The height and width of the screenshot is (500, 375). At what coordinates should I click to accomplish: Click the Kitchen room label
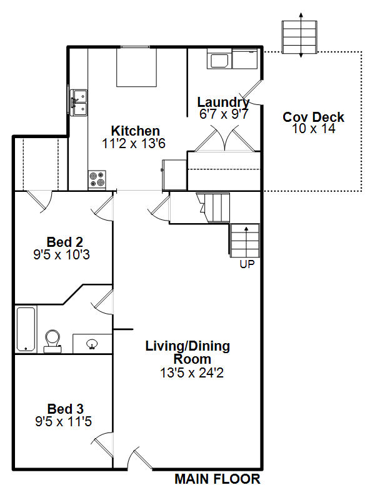tap(135, 131)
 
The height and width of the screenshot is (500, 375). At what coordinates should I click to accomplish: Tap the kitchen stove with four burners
tap(97, 179)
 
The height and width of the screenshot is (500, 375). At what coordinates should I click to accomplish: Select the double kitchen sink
tap(79, 102)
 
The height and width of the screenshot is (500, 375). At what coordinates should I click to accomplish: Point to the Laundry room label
tap(223, 102)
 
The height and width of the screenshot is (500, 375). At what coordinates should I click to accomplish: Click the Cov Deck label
tap(313, 117)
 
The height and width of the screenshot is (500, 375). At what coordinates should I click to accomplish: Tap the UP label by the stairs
tap(247, 264)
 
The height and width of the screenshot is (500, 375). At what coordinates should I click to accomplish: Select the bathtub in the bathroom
tap(26, 329)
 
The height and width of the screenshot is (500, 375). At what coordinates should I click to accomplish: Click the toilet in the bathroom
tap(52, 341)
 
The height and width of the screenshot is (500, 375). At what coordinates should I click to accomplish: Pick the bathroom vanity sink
tap(92, 344)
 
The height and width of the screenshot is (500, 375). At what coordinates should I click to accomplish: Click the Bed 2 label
tap(65, 242)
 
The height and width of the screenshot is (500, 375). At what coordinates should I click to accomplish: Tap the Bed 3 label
tap(66, 409)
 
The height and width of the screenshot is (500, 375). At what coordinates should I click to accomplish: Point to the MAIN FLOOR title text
tap(217, 479)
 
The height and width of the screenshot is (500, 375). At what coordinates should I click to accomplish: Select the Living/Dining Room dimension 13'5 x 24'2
tap(192, 372)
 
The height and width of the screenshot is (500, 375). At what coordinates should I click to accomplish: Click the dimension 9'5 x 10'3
tap(61, 254)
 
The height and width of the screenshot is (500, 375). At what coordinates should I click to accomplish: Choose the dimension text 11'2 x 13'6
tap(134, 144)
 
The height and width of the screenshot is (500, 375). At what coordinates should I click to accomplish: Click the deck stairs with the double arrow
tap(299, 37)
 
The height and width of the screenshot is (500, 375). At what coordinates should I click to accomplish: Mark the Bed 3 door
tap(102, 445)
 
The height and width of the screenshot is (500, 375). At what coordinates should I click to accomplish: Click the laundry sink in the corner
tap(219, 60)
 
